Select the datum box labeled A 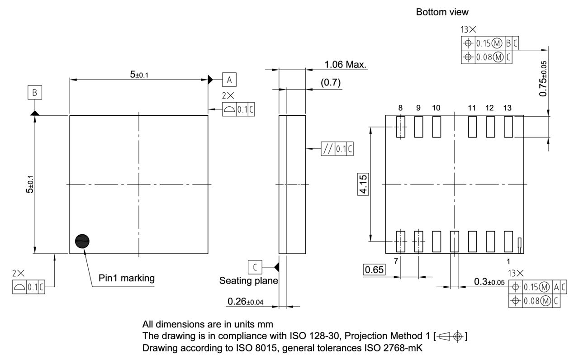(229, 80)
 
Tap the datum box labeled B (35, 93)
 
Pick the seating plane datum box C (255, 267)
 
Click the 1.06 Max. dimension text (346, 65)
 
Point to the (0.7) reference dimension (330, 83)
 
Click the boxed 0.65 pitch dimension (374, 270)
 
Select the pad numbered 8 (400, 127)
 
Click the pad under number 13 (508, 127)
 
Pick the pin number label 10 (436, 108)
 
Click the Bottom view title (442, 12)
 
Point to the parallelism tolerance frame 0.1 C (337, 149)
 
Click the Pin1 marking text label (127, 278)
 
